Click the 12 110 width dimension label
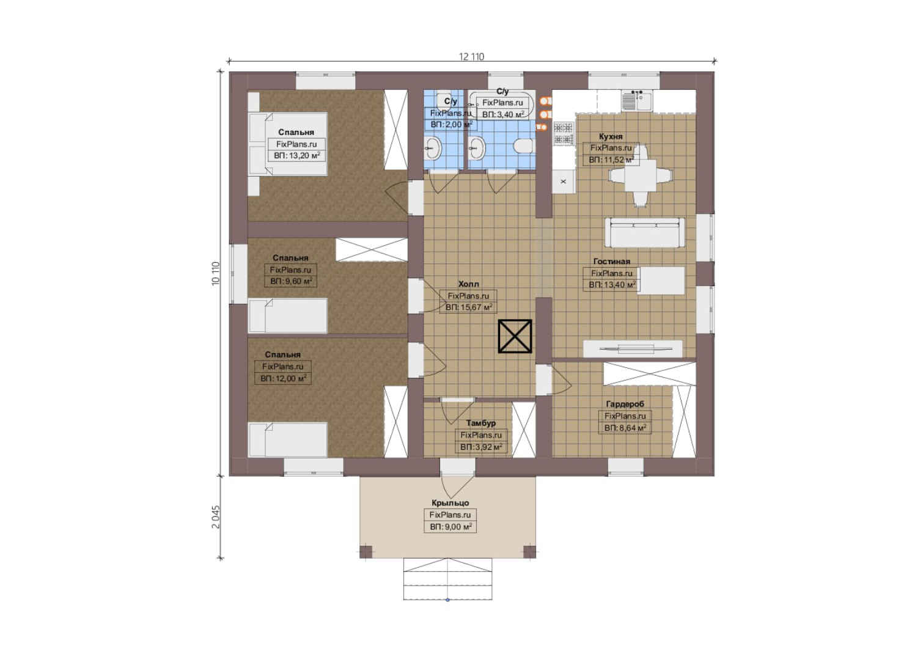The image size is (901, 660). pos(471,57)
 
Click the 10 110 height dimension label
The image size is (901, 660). pos(216,274)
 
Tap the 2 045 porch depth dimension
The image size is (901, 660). pos(216,517)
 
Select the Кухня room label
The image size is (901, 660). pos(611,136)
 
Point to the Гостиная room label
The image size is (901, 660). pos(611,262)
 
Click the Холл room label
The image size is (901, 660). pos(469,284)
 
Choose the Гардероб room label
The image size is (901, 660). pos(625,404)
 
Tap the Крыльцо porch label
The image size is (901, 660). pos(450,503)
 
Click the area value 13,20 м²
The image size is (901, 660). pos(297,156)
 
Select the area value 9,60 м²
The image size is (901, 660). pos(291,281)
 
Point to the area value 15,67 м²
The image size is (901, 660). pos(469,307)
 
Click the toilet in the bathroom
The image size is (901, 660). pos(523,146)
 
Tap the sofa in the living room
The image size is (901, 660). pos(645,232)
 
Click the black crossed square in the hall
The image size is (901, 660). pos(515,336)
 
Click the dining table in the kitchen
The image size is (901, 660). pos(641,176)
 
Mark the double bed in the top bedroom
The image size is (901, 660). pos(287,144)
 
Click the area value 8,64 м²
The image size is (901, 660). pos(625,428)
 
